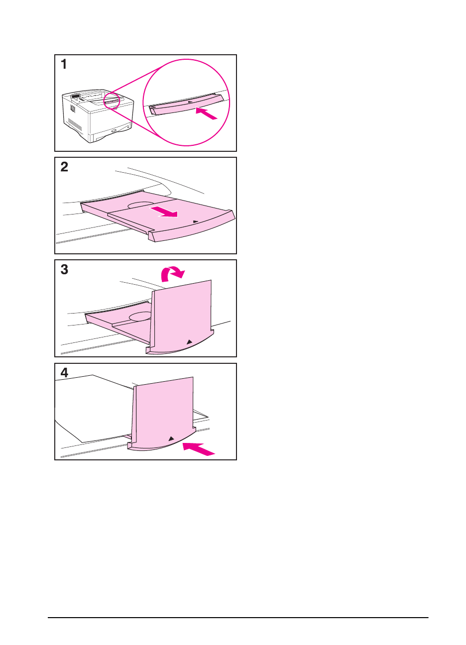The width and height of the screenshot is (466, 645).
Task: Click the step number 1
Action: click(64, 64)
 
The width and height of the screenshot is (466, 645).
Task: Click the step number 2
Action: click(64, 167)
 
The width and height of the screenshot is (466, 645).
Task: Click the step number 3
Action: click(64, 270)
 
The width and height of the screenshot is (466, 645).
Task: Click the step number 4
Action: click(64, 373)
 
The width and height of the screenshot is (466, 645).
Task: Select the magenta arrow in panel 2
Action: click(165, 212)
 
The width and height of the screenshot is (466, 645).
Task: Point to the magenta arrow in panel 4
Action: click(199, 448)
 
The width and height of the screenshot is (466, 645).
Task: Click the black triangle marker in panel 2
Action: click(196, 222)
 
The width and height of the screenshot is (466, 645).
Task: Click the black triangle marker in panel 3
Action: click(189, 342)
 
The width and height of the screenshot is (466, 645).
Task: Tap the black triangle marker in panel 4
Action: click(171, 438)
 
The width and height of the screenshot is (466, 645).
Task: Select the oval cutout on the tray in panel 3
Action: click(140, 317)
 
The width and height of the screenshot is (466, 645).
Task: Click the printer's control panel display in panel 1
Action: click(76, 96)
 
